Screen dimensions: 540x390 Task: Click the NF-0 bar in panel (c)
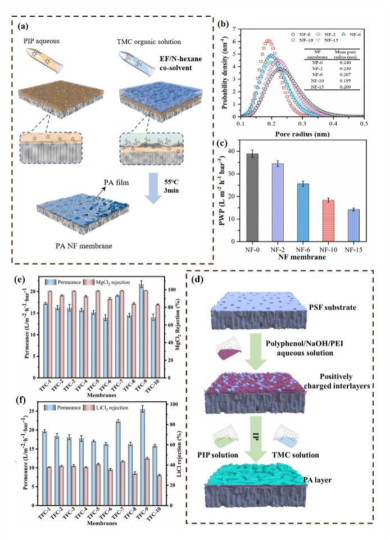pyautogui.click(x=252, y=197)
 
